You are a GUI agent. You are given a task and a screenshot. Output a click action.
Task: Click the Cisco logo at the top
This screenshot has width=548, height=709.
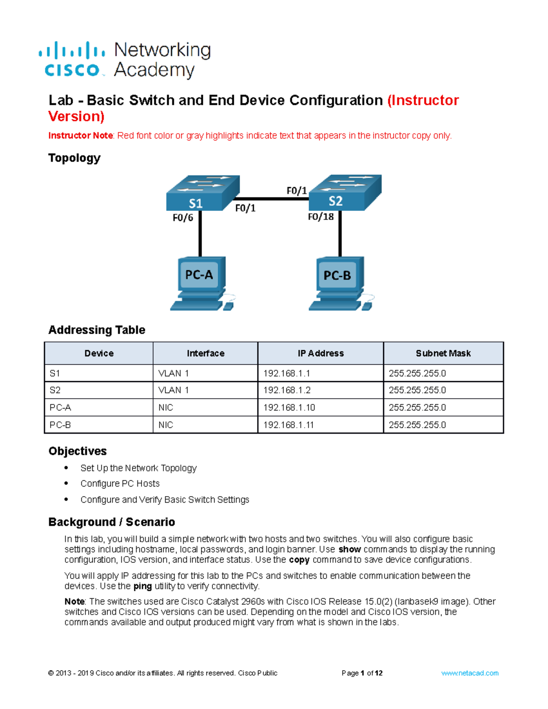[x=72, y=59]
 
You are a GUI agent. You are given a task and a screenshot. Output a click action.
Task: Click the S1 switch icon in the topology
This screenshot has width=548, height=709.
[x=202, y=193]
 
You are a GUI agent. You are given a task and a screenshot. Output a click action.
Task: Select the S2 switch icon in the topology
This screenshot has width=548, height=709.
[x=345, y=192]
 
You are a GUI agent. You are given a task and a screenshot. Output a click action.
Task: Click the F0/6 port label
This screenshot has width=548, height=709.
[x=183, y=218]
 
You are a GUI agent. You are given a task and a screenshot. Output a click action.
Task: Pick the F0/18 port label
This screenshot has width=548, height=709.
[x=321, y=217]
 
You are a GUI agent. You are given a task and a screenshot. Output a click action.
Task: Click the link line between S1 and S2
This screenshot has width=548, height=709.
[x=272, y=199]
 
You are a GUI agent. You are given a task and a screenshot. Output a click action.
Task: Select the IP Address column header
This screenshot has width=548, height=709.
[x=321, y=353]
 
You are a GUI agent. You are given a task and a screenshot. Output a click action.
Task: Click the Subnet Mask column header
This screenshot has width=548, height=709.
[x=443, y=353]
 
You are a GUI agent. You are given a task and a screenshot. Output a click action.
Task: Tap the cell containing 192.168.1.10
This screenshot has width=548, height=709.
[x=289, y=407]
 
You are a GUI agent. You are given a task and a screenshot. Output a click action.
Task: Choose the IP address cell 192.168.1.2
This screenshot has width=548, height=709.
[x=287, y=390]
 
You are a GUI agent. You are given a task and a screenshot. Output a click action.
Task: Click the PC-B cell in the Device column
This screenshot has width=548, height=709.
[x=60, y=425]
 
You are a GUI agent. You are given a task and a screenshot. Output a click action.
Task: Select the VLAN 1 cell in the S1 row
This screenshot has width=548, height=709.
[x=174, y=373]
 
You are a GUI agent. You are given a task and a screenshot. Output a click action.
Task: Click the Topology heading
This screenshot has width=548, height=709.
[x=74, y=158]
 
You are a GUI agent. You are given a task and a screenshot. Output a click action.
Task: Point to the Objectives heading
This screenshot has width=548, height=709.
[x=78, y=451]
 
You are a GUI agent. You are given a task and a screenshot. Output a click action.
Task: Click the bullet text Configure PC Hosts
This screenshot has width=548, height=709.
[x=120, y=483]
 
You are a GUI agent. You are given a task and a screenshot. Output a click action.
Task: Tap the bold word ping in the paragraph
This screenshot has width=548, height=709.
[x=142, y=586]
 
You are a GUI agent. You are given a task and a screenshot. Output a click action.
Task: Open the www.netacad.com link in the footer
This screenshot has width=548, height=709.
[x=470, y=673]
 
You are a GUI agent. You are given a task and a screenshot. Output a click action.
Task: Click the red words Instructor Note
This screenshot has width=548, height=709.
[x=80, y=136]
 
